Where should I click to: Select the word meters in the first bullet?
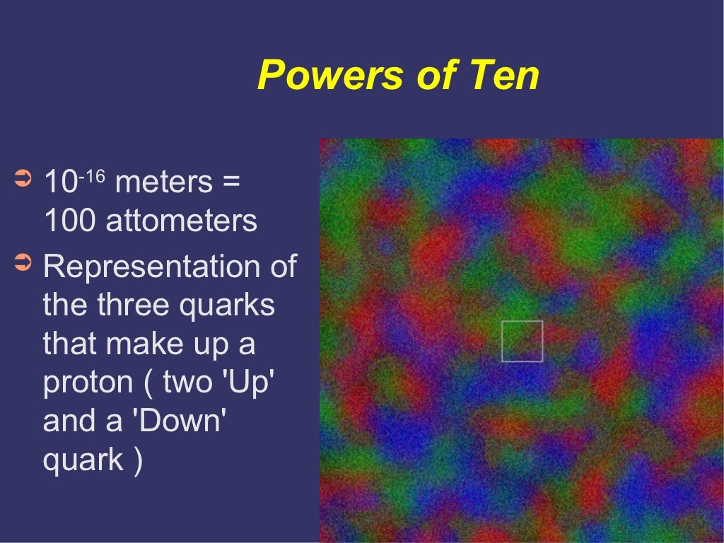pyautogui.click(x=163, y=182)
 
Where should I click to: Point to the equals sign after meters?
pyautogui.click(x=230, y=183)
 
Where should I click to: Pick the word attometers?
pyautogui.click(x=182, y=221)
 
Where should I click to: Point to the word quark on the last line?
pyautogui.click(x=82, y=461)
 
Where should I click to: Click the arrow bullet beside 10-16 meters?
pyautogui.click(x=23, y=177)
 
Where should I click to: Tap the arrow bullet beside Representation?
pyautogui.click(x=23, y=264)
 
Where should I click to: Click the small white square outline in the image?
pyautogui.click(x=522, y=341)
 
